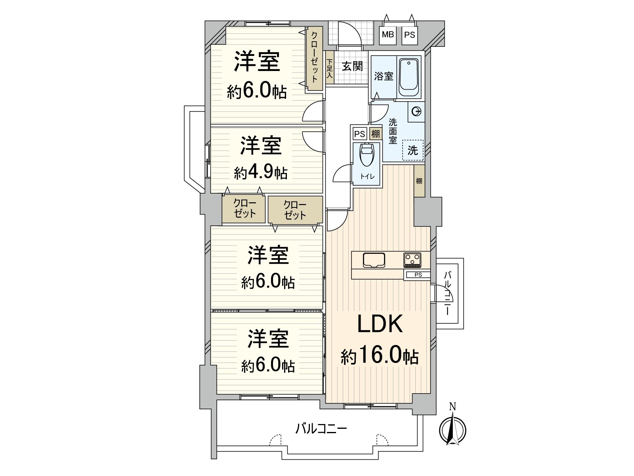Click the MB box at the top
(x=388, y=35)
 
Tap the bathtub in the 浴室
(x=409, y=77)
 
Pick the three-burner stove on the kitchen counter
(x=412, y=260)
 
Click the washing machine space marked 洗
(x=413, y=150)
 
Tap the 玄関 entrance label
(x=352, y=65)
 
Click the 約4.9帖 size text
(x=260, y=173)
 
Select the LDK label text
(x=380, y=324)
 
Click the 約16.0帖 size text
(x=380, y=356)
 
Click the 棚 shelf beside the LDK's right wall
(x=419, y=181)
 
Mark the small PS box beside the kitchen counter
(x=417, y=275)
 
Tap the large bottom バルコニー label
(x=321, y=429)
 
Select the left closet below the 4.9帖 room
(x=244, y=209)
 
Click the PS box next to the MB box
(x=410, y=35)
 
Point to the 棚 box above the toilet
(x=375, y=134)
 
